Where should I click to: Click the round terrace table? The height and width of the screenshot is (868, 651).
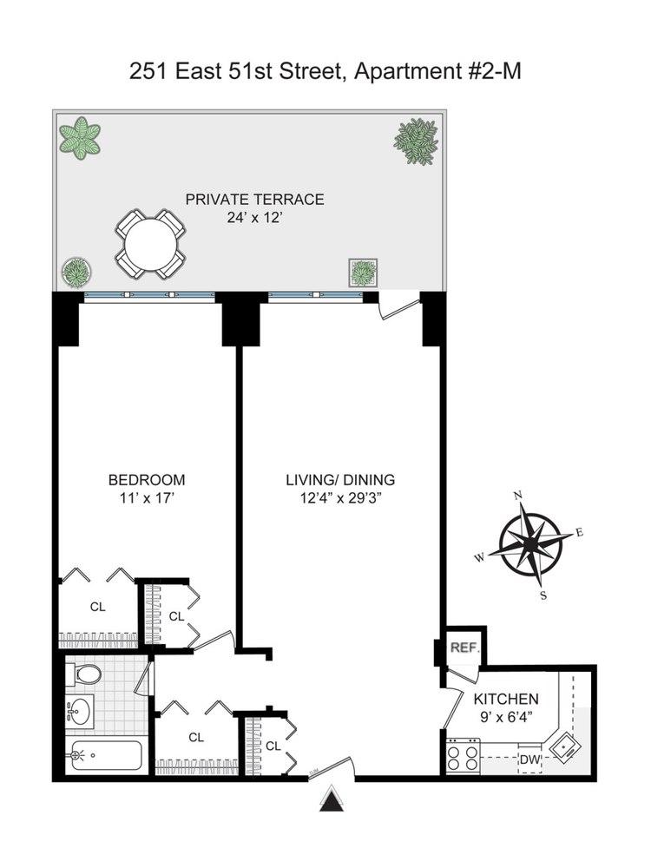(150, 244)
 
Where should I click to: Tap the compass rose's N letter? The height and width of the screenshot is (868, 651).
(518, 496)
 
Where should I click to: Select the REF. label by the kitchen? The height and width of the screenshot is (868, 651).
(464, 648)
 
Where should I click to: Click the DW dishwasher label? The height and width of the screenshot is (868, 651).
(529, 760)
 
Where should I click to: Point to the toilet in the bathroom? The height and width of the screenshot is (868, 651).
(84, 674)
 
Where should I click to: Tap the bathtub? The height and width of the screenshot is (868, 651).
(104, 756)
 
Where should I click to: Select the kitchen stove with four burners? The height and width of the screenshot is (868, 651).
(464, 756)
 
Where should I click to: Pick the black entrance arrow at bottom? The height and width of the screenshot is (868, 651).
(332, 800)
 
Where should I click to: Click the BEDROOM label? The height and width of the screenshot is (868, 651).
(147, 480)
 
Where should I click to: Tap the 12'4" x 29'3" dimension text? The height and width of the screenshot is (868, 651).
(341, 497)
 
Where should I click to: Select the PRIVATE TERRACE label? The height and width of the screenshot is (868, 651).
(254, 200)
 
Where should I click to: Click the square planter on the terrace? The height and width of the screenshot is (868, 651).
(363, 273)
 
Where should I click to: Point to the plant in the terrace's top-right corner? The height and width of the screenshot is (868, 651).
(417, 141)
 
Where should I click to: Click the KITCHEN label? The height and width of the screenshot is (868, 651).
(506, 699)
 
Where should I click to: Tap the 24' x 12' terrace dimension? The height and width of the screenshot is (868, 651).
(255, 218)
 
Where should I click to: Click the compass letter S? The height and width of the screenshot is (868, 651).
(543, 596)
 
